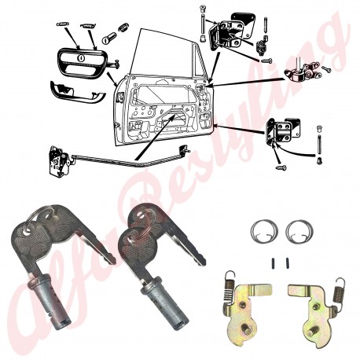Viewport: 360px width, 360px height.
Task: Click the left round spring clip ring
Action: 252,230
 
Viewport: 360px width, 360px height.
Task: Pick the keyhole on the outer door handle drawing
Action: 80,57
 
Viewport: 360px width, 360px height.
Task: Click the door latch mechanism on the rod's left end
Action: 59,160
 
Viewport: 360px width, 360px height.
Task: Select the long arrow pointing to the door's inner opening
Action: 154,138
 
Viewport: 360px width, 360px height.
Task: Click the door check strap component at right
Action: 303,72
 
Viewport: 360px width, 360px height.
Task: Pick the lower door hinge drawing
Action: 282,130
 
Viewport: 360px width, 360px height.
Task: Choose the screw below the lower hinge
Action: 281,167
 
